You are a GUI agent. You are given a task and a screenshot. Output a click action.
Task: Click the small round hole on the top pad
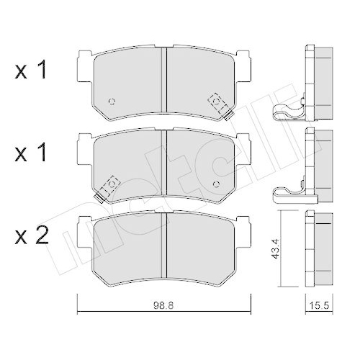(x=111, y=100)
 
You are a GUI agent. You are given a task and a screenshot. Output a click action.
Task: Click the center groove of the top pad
(x=166, y=79)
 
